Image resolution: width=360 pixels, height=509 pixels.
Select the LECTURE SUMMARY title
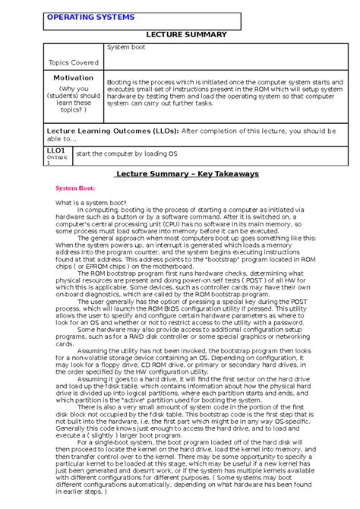point(180,35)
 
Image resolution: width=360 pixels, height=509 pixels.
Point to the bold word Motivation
point(73,78)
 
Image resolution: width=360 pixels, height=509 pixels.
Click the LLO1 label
point(56,151)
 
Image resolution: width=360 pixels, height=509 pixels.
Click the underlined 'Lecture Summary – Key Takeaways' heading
point(186,174)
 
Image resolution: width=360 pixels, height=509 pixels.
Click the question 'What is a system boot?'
point(91,204)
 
